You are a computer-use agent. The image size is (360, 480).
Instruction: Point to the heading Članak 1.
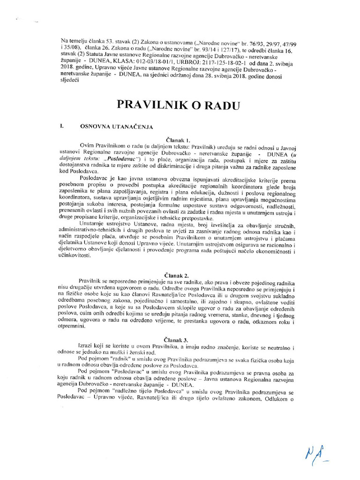[179, 140]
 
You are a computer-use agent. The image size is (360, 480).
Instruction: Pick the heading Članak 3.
[179, 338]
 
